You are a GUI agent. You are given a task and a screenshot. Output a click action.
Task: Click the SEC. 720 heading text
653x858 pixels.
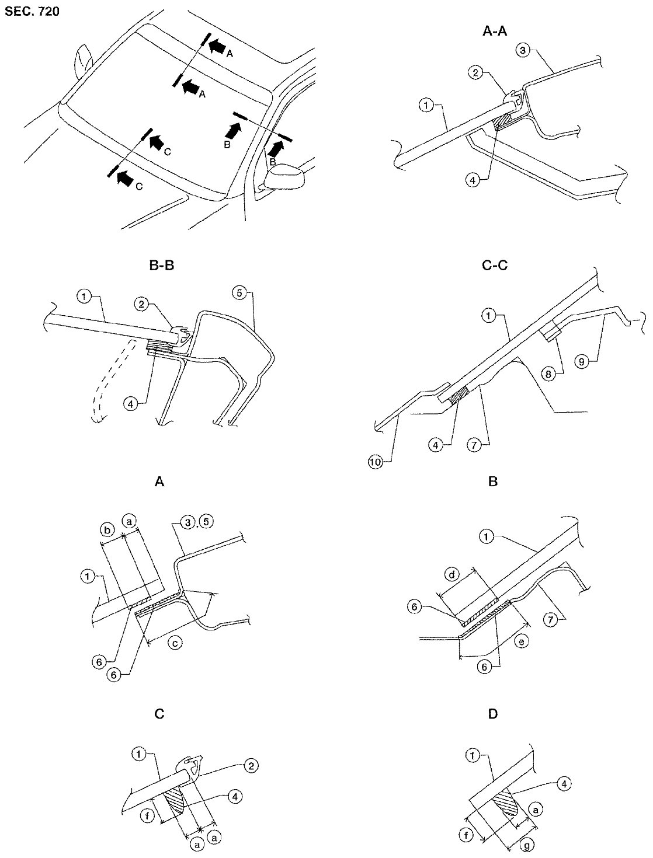coord(32,11)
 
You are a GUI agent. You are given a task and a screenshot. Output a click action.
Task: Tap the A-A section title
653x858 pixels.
coord(495,32)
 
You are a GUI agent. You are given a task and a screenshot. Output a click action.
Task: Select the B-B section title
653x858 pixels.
coord(161,266)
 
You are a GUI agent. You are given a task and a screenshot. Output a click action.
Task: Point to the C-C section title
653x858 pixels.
coord(495,266)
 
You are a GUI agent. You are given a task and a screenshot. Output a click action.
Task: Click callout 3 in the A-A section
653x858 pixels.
coord(523,51)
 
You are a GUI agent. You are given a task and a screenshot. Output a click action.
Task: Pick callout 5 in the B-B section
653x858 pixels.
coord(239,293)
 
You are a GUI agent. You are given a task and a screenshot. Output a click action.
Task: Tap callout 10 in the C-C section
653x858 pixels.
coord(375,462)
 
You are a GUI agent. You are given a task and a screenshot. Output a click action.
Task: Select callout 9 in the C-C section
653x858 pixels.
coord(581,361)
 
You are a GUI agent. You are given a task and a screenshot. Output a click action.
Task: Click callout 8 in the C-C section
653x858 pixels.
coord(548,375)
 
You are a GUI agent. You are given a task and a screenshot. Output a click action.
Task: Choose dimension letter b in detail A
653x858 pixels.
coord(108,530)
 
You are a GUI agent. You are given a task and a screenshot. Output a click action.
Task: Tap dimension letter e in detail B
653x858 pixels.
coord(522,641)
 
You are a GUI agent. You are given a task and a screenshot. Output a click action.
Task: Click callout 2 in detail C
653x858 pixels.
coord(251,766)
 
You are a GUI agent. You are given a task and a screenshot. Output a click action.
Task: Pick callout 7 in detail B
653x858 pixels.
coord(551,620)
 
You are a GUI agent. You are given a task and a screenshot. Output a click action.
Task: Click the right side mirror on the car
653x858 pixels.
coord(284,177)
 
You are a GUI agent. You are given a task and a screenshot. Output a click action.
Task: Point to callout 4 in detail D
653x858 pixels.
coord(564,783)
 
